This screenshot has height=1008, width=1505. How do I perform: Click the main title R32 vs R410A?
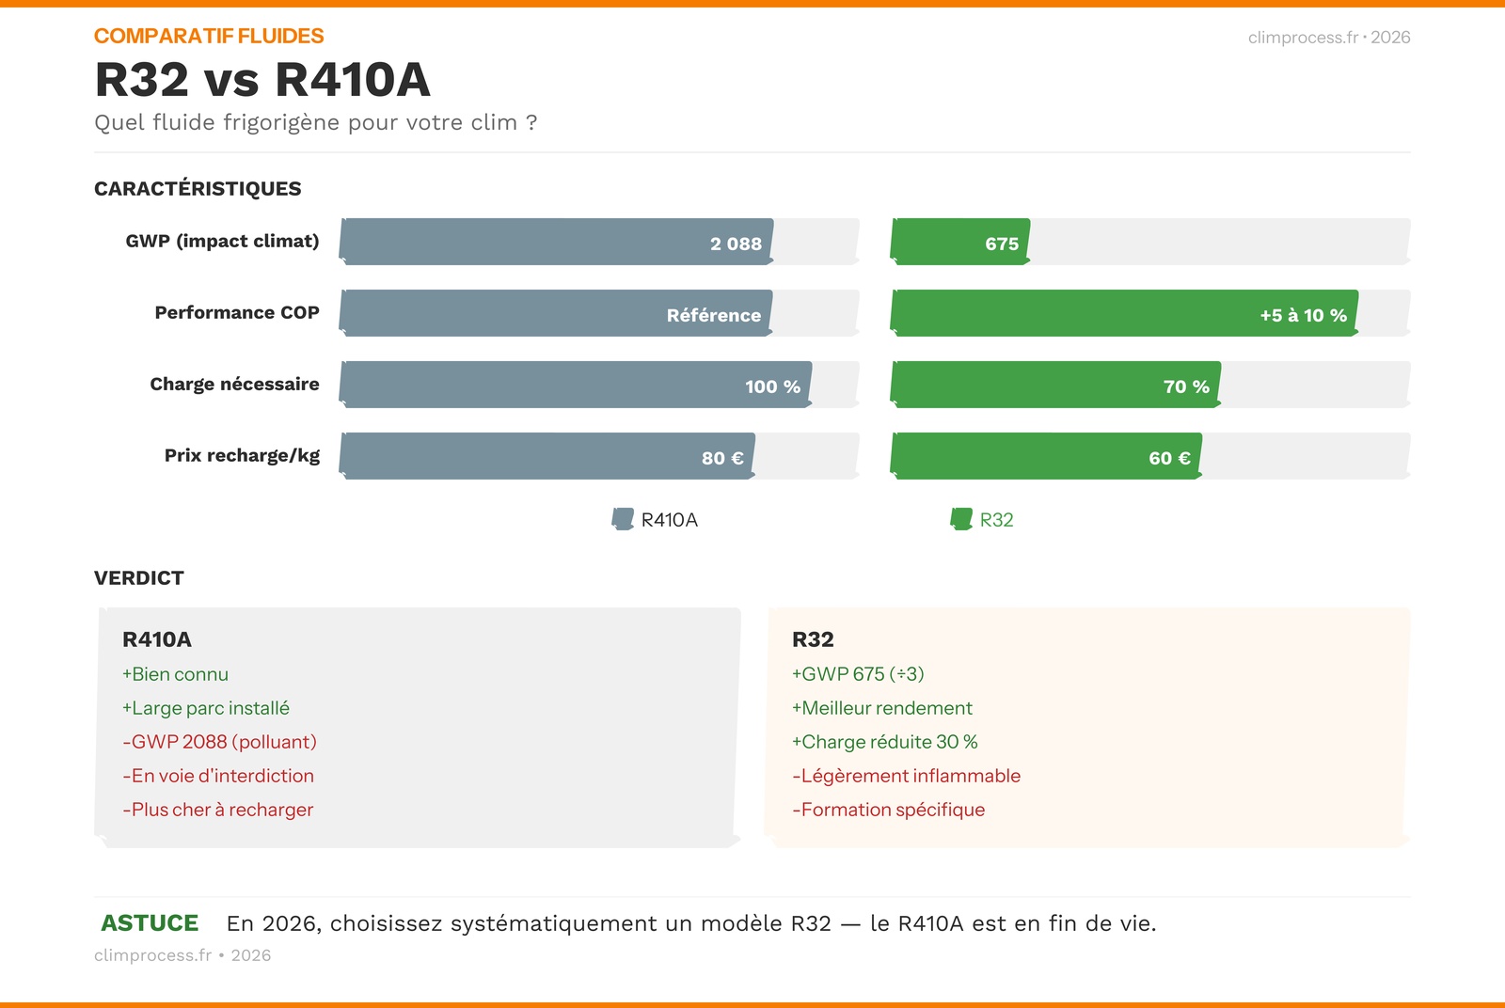pyautogui.click(x=262, y=80)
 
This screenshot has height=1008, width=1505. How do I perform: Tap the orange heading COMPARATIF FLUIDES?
pyautogui.click(x=209, y=36)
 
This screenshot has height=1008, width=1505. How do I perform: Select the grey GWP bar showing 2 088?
pyautogui.click(x=556, y=242)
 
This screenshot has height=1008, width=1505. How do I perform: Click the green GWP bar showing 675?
pyautogui.click(x=960, y=242)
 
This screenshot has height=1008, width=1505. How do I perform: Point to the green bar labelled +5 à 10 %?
pyautogui.click(x=1124, y=313)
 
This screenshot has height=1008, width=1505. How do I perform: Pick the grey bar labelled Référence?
pyautogui.click(x=556, y=313)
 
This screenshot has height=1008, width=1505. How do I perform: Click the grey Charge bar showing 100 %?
pyautogui.click(x=575, y=385)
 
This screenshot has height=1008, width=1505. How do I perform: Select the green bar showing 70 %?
pyautogui.click(x=1055, y=385)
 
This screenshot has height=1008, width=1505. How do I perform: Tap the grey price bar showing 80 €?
pyautogui.click(x=547, y=456)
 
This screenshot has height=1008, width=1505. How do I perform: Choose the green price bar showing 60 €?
pyautogui.click(x=1046, y=456)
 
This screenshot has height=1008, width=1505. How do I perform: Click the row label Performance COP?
pyautogui.click(x=237, y=312)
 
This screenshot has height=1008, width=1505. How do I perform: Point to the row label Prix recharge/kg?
pyautogui.click(x=242, y=456)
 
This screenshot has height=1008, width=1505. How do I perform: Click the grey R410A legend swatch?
pyautogui.click(x=623, y=519)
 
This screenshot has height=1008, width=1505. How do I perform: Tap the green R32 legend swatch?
pyautogui.click(x=961, y=519)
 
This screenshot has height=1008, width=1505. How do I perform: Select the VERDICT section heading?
pyautogui.click(x=139, y=578)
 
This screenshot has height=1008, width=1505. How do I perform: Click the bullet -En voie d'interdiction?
pyautogui.click(x=218, y=776)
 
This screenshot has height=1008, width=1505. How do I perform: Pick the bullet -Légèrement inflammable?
pyautogui.click(x=906, y=776)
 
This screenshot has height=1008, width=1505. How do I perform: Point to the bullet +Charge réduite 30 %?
pyautogui.click(x=884, y=742)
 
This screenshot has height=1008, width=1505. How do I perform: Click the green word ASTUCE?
pyautogui.click(x=150, y=923)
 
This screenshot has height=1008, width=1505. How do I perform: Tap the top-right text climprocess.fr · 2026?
pyautogui.click(x=1328, y=38)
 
